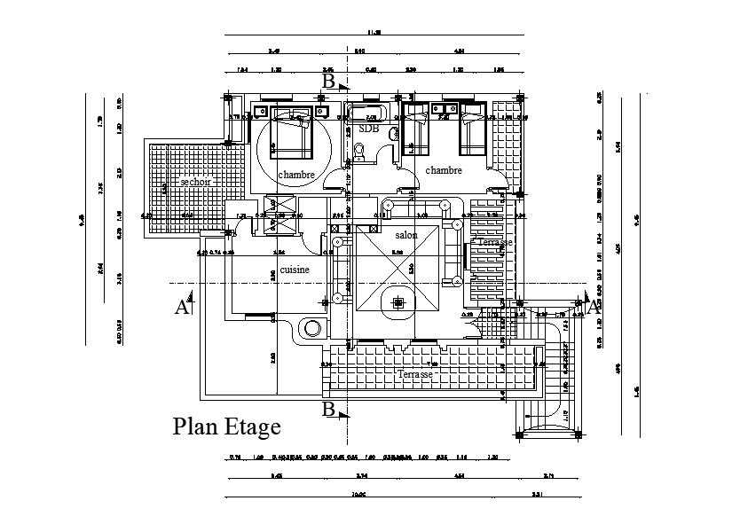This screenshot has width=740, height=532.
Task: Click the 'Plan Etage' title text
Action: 226,427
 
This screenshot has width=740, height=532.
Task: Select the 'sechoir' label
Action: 195,181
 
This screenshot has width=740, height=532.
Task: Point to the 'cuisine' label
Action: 295,268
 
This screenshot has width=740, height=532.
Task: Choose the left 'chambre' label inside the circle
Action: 296,176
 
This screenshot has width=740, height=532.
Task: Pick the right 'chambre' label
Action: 444,170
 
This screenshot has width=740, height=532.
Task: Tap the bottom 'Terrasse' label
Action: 415,375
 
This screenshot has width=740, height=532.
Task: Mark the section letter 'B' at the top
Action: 328,82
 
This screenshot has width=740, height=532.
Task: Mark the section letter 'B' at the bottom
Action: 328,410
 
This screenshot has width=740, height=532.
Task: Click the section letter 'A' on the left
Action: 182,308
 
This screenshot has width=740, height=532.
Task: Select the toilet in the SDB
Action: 360,152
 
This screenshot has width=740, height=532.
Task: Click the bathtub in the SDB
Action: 365,113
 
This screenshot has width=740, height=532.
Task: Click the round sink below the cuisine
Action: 312,328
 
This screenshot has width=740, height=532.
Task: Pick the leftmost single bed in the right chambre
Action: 413,130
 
